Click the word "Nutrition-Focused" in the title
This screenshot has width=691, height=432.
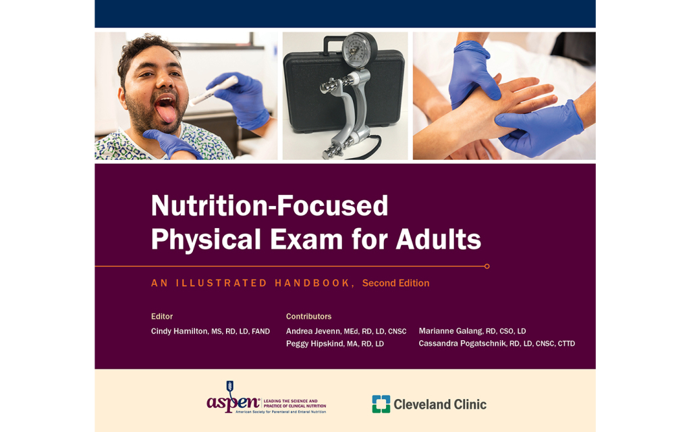(x=269, y=206)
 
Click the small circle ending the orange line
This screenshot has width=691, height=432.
(x=487, y=266)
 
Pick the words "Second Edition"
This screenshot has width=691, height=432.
(x=395, y=283)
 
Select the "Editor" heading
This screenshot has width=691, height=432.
(x=162, y=316)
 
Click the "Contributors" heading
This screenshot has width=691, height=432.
(x=308, y=316)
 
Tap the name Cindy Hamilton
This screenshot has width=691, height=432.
(x=179, y=331)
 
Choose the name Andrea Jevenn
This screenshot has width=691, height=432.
(x=313, y=331)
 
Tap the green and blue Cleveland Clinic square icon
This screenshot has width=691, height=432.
(x=381, y=404)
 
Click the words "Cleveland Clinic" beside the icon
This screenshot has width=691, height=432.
(x=440, y=404)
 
